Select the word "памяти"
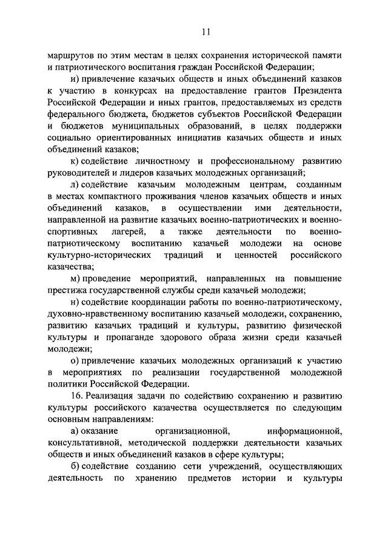coord(324,55)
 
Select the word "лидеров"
coord(136,172)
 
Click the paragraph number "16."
coord(77,396)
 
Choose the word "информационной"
coord(308,431)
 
